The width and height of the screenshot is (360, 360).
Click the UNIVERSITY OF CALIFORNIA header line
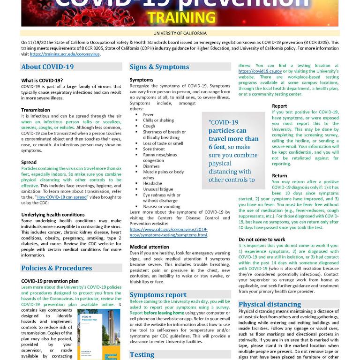click(180, 33)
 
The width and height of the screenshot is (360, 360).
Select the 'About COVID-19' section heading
click(47, 67)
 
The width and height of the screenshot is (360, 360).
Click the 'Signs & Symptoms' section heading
click(159, 67)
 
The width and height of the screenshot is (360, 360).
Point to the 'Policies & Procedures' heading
click(57, 268)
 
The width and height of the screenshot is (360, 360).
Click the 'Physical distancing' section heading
click(269, 304)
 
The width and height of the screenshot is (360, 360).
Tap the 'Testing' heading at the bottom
click(142, 355)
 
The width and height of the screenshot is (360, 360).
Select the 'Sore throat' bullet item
click(154, 149)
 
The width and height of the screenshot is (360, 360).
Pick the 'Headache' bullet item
click(153, 183)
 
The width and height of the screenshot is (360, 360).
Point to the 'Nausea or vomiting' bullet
click(161, 206)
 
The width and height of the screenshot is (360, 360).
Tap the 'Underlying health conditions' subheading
click(53, 215)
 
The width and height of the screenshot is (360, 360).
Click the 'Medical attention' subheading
click(150, 247)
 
